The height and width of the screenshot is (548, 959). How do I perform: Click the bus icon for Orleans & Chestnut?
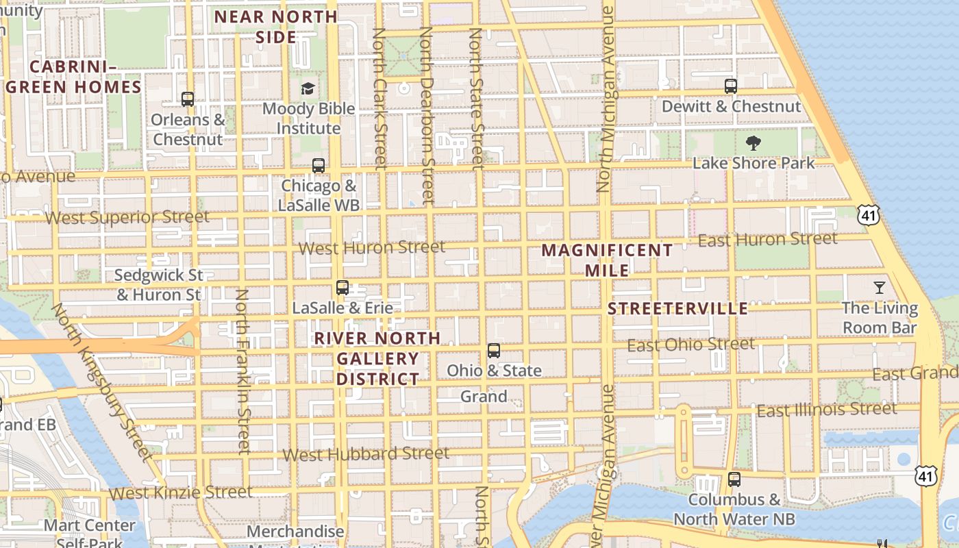coord(188,99)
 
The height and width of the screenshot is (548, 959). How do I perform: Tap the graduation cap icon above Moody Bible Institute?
coord(308,88)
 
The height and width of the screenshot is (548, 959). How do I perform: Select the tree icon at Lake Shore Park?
coord(754,142)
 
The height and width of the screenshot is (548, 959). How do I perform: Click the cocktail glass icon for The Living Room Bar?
coord(880,287)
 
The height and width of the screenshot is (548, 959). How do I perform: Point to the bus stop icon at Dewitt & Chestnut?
coord(731,86)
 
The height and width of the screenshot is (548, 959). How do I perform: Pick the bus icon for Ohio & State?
coord(493,351)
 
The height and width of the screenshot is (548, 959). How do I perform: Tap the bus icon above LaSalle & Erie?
coord(342,288)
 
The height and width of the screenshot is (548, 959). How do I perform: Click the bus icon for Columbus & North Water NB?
coord(734,480)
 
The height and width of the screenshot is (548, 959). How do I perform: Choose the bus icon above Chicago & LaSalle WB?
coord(319,165)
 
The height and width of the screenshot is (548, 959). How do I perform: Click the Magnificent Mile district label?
coord(607,260)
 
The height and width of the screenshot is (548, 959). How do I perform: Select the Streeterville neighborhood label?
coord(677,308)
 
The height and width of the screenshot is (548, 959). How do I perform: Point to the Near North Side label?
coord(276,27)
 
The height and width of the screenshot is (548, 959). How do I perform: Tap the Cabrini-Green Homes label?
coord(74,77)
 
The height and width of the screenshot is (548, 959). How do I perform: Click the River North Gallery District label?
coord(377,358)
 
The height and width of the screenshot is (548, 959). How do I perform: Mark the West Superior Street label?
coord(127,218)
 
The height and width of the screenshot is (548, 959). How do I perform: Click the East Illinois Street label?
coord(826,410)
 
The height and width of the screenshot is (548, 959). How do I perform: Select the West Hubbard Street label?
coord(366,453)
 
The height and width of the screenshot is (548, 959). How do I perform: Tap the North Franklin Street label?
coord(244,371)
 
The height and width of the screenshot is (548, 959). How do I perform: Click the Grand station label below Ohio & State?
coord(484,396)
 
